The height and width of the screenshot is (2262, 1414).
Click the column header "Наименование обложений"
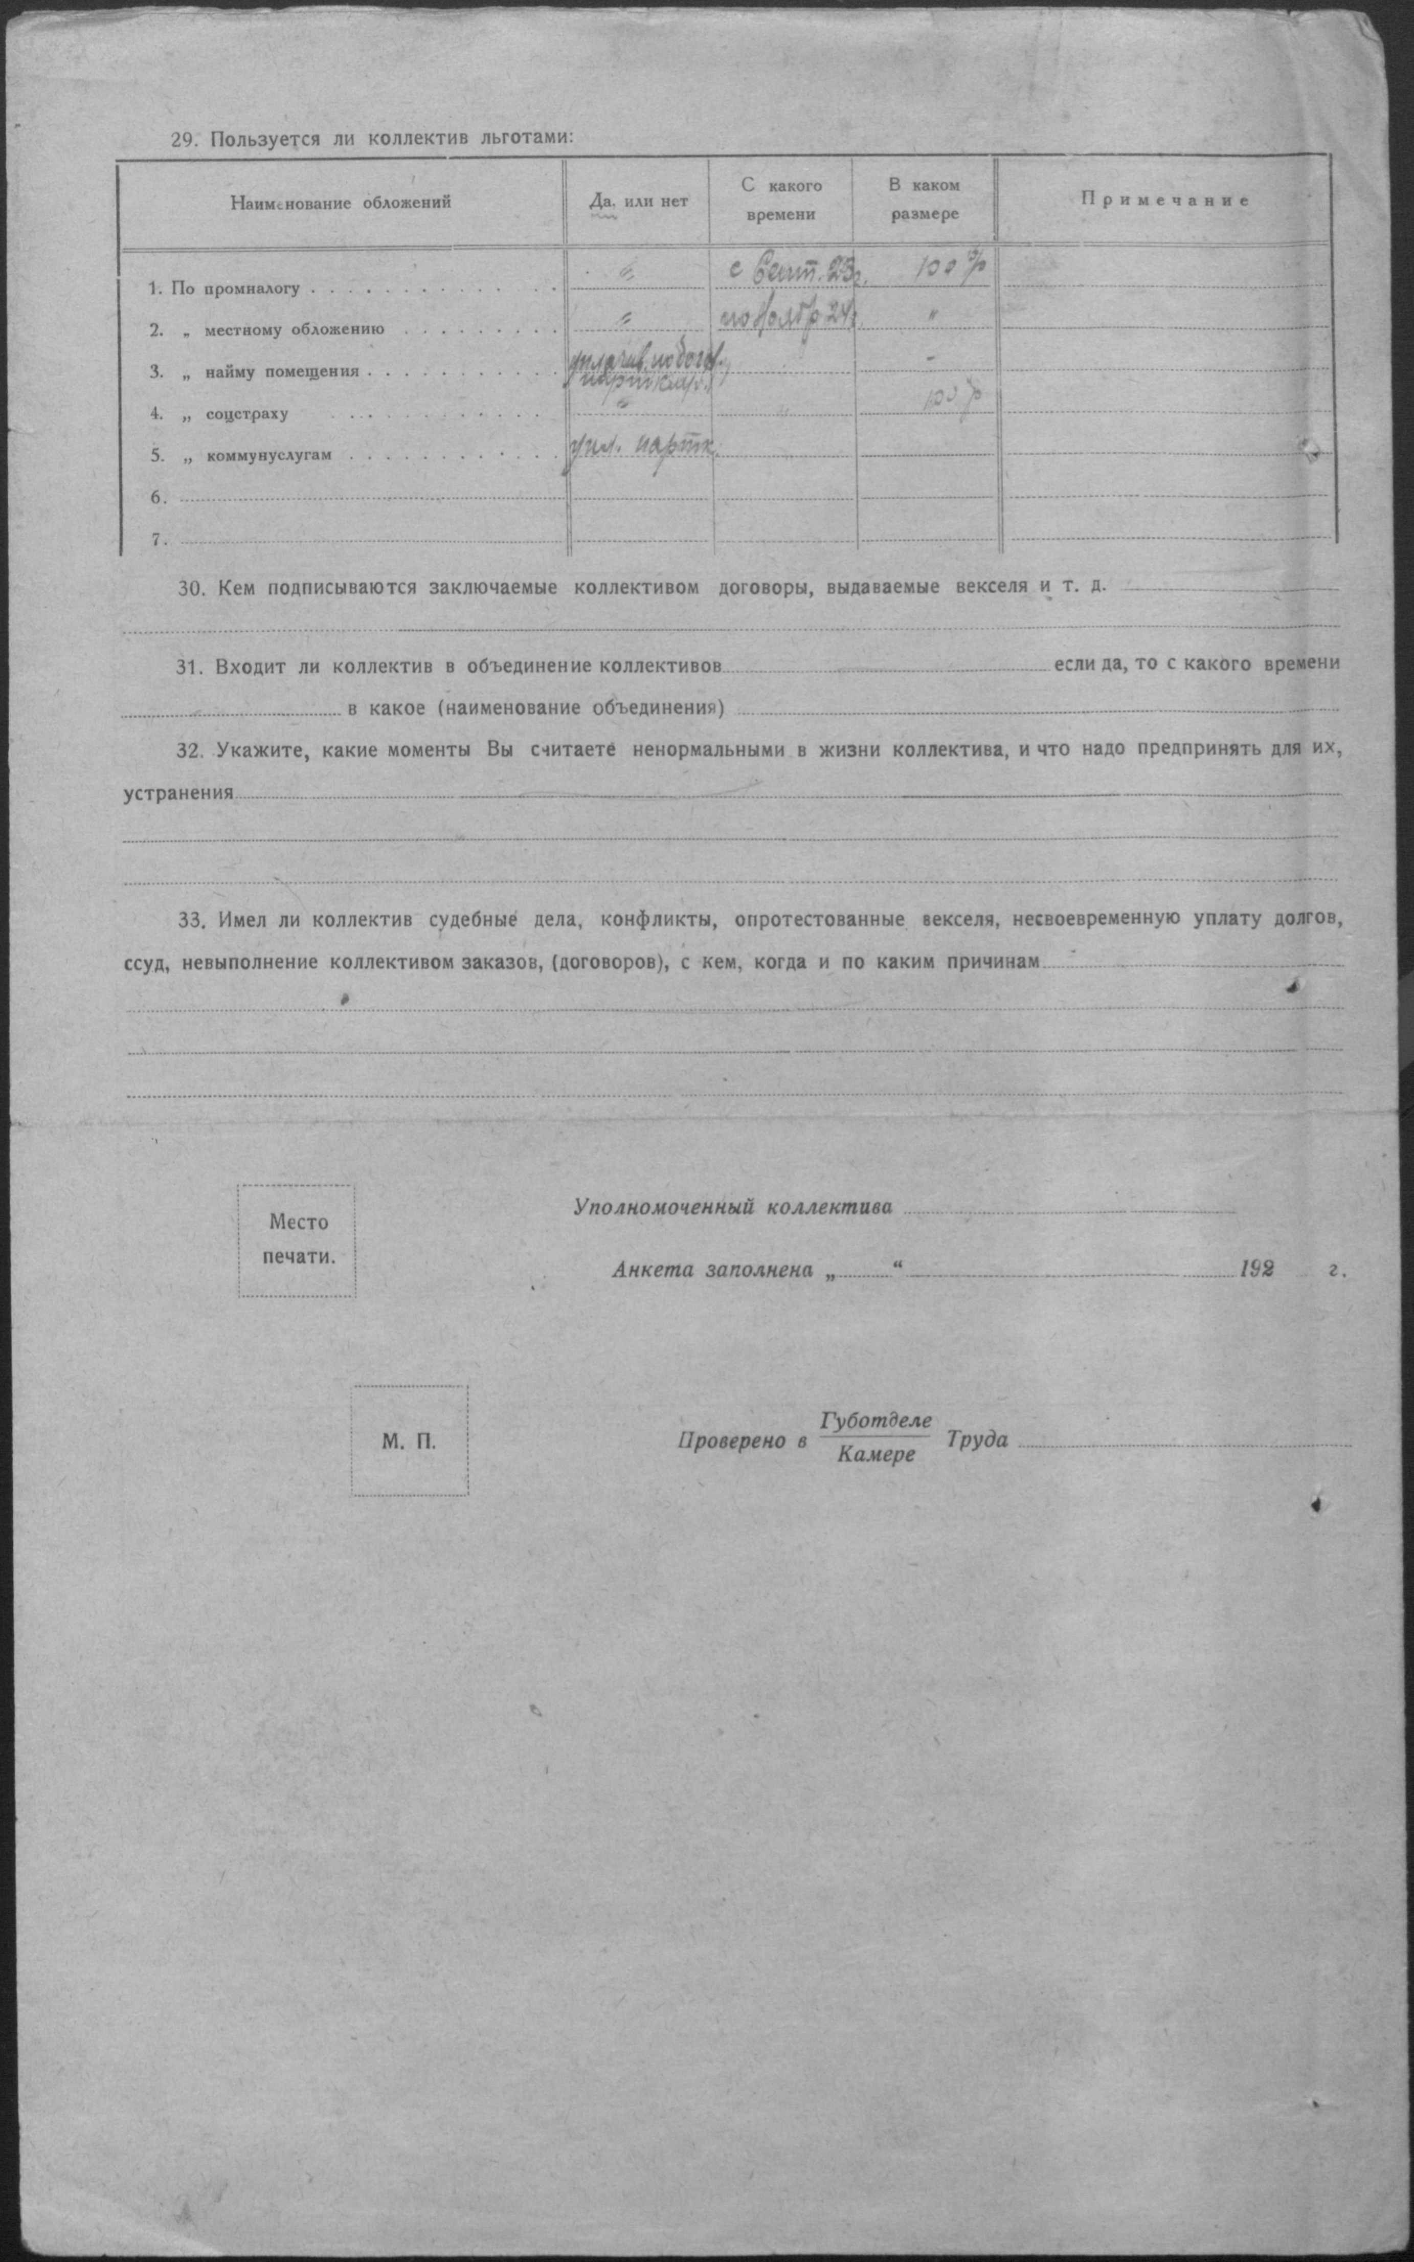tap(341, 202)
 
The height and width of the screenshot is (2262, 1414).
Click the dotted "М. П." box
tap(410, 1440)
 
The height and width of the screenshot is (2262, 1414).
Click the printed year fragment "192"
tap(1256, 1270)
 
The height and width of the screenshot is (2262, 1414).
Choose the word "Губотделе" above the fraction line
tap(876, 1420)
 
